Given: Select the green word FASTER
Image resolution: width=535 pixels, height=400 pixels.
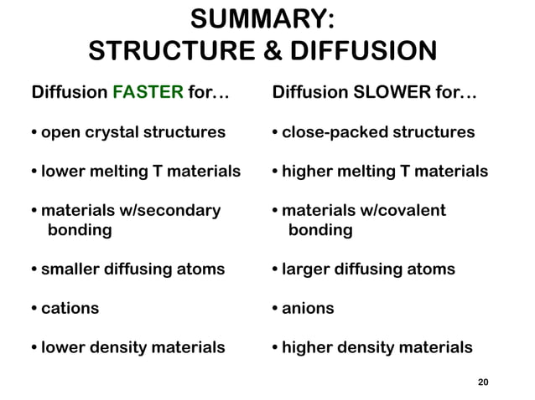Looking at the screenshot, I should (148, 91).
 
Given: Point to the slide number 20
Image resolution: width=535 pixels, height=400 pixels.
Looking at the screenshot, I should (481, 382).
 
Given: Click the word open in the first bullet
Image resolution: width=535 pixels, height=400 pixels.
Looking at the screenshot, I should (60, 132).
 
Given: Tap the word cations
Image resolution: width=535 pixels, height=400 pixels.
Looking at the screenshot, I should (70, 308).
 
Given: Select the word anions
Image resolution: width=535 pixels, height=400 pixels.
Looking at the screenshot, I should (308, 308).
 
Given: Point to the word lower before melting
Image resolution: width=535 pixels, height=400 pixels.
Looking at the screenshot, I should (62, 172).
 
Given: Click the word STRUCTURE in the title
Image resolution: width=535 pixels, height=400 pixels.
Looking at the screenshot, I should (172, 51).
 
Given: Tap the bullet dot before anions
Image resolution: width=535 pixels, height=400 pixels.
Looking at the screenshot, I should (275, 309).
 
